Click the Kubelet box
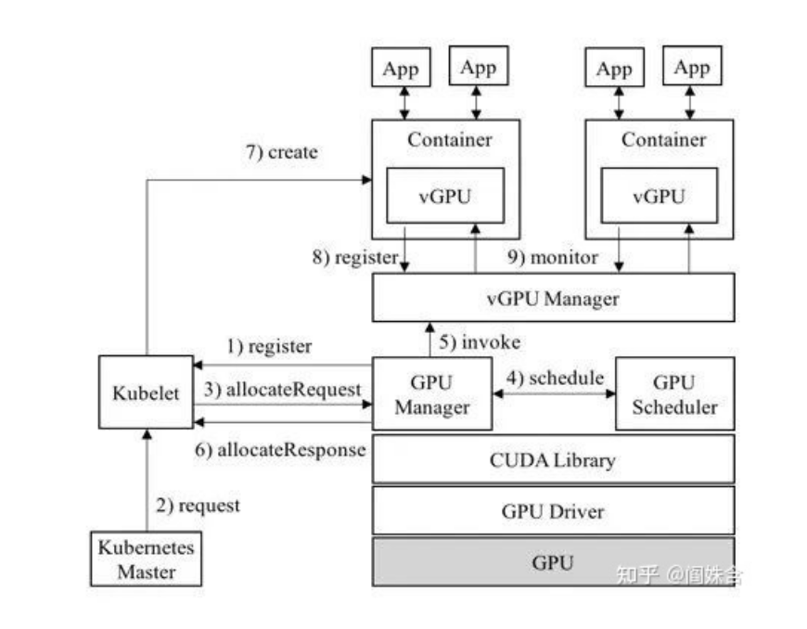[146, 391]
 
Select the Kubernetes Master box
[147, 558]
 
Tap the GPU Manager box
[431, 393]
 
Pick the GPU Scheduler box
[674, 393]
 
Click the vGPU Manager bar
[553, 299]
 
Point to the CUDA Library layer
[553, 459]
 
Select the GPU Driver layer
[553, 510]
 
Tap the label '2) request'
[199, 506]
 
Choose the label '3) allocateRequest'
[282, 390]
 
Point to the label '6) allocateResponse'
[280, 450]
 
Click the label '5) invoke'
[480, 341]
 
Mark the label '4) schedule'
[554, 378]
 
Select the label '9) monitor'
[553, 257]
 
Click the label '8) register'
[354, 257]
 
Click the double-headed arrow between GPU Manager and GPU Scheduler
[554, 393]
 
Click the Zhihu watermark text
[679, 575]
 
